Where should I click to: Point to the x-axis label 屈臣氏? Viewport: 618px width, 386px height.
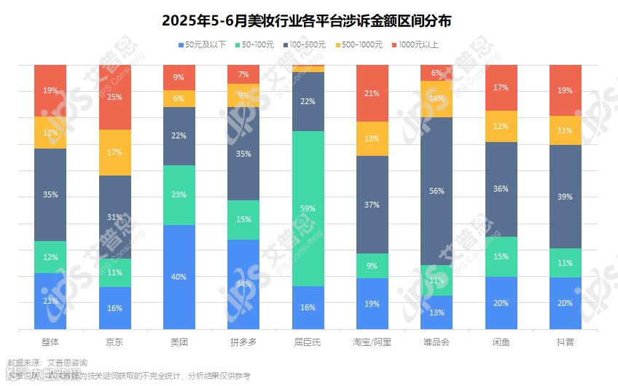click(x=308, y=342)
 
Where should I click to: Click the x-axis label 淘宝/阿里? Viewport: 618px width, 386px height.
click(x=372, y=342)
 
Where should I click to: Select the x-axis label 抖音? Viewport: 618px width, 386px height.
click(x=565, y=342)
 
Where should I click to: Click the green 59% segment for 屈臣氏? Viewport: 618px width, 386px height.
click(x=308, y=208)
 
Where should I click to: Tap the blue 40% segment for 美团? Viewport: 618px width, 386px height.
click(x=179, y=277)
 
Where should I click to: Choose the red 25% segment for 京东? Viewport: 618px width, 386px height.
click(x=115, y=97)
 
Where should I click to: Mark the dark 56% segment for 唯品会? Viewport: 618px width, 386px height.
click(x=437, y=191)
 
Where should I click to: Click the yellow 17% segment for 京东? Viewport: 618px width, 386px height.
click(x=115, y=152)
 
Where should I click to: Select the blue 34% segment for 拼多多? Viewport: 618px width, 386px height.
click(x=243, y=284)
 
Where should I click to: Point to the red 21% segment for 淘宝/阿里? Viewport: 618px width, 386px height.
click(x=372, y=93)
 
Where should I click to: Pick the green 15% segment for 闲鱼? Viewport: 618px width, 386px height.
click(x=501, y=256)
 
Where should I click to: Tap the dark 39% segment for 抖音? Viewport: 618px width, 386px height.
click(x=565, y=197)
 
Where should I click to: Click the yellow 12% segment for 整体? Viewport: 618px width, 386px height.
click(x=50, y=133)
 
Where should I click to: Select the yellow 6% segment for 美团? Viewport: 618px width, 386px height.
click(x=179, y=98)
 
